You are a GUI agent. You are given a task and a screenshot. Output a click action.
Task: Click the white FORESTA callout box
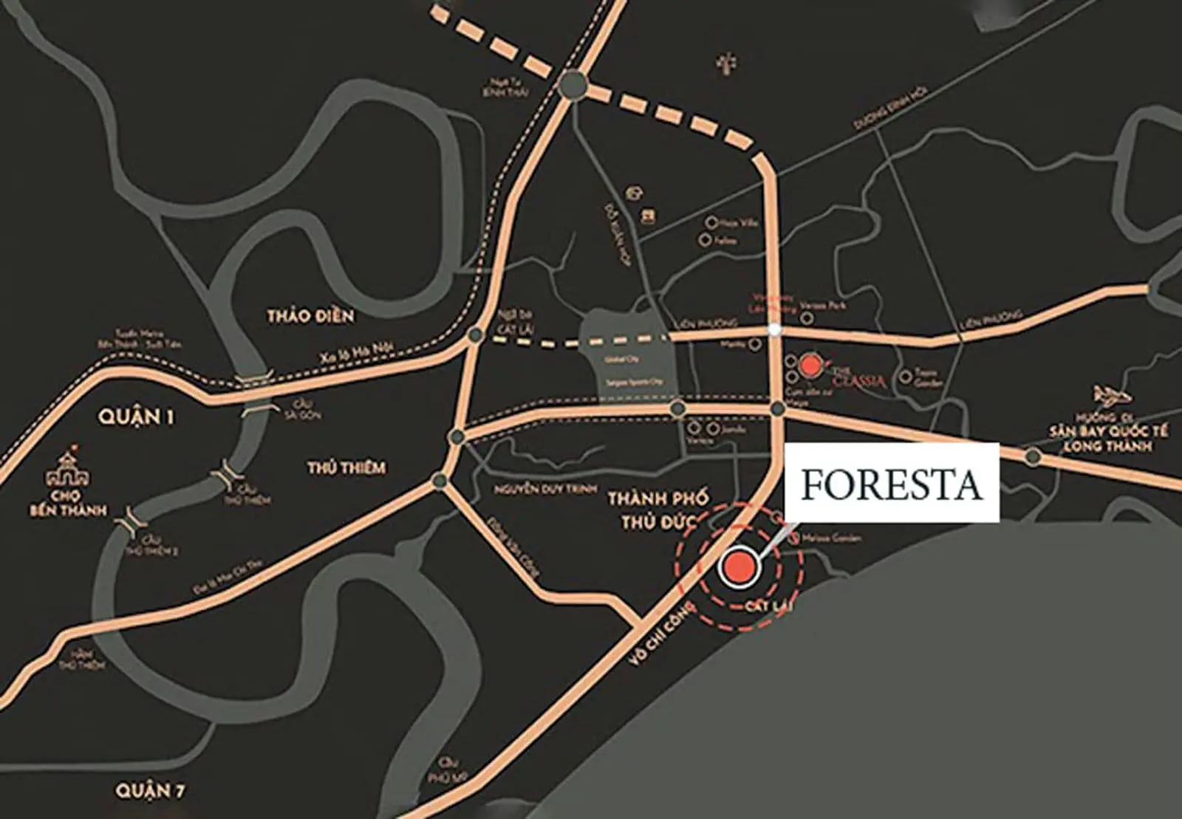point(892,484)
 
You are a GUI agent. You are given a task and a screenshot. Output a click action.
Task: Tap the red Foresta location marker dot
point(739,567)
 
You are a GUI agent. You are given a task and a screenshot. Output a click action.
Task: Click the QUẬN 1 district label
point(137,417)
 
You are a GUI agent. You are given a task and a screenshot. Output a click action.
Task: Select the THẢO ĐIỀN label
point(310,316)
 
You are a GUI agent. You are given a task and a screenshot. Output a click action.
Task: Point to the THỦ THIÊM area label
point(346,467)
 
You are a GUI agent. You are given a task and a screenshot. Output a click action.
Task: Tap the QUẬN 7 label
point(150,792)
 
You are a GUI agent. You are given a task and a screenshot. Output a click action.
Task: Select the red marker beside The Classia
point(810,364)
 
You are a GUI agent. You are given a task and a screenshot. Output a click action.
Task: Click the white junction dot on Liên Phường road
point(774,330)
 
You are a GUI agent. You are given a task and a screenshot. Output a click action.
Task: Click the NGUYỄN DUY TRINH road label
point(536,489)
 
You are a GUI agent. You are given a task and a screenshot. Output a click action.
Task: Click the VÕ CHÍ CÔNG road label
point(660,633)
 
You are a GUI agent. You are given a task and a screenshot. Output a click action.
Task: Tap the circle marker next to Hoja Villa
point(711,222)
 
